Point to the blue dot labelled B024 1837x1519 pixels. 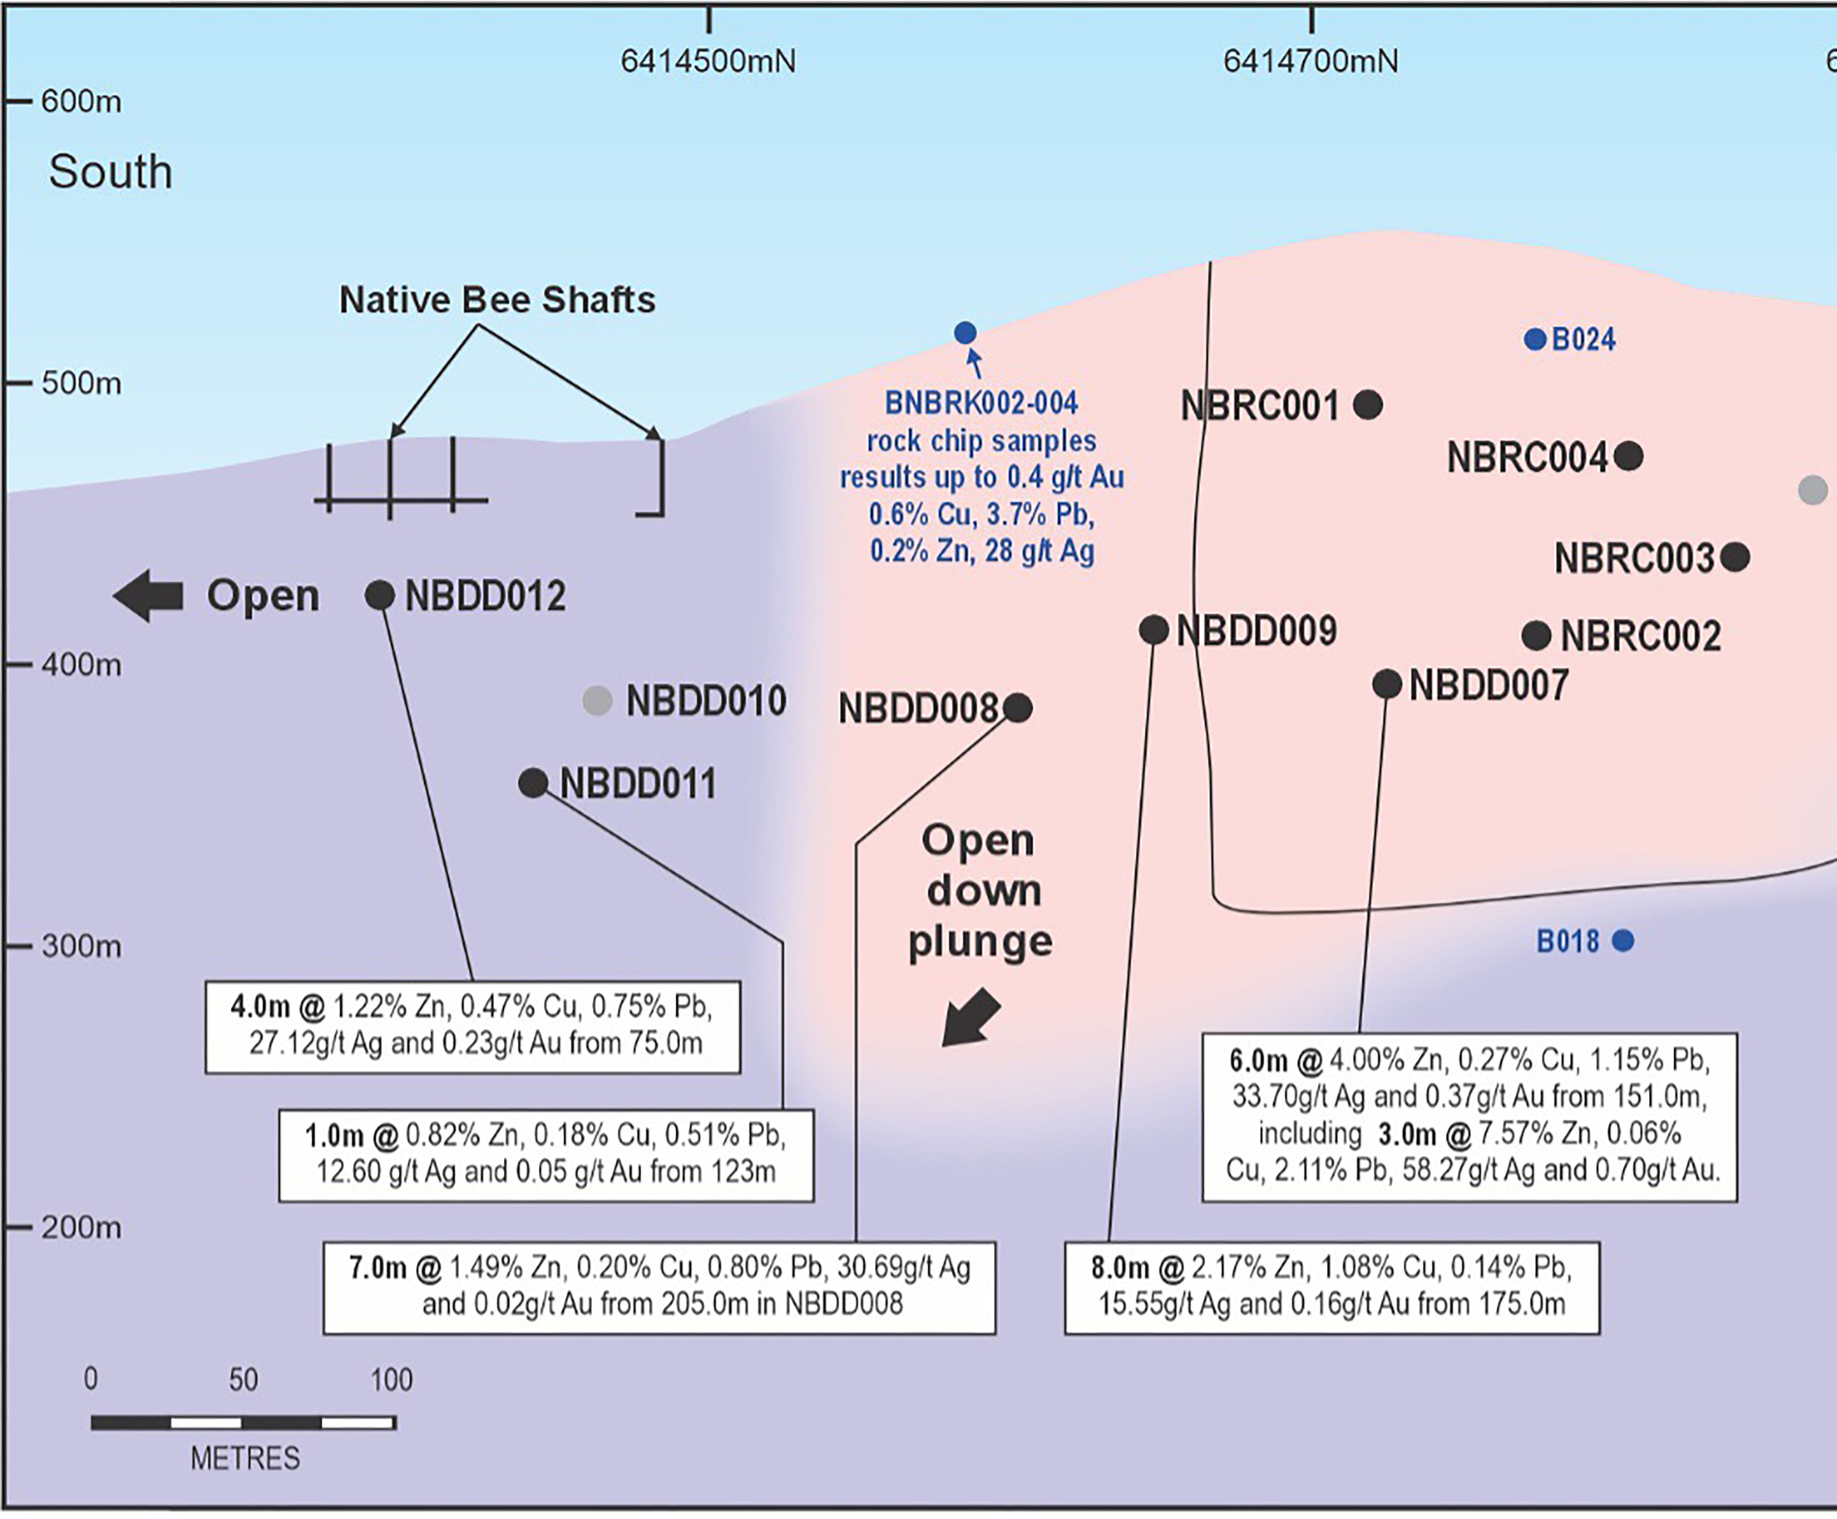pyautogui.click(x=1535, y=340)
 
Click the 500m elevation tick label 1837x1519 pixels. pyautogui.click(x=82, y=383)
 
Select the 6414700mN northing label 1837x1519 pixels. pyautogui.click(x=1310, y=61)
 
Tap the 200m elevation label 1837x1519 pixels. pyautogui.click(x=82, y=1228)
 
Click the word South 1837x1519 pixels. pyautogui.click(x=110, y=171)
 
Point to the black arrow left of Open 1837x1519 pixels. pyautogui.click(x=149, y=596)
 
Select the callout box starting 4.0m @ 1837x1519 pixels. pyautogui.click(x=473, y=1026)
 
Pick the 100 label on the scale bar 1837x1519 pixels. pyautogui.click(x=391, y=1380)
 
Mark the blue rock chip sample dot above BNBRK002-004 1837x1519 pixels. pyautogui.click(x=965, y=333)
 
